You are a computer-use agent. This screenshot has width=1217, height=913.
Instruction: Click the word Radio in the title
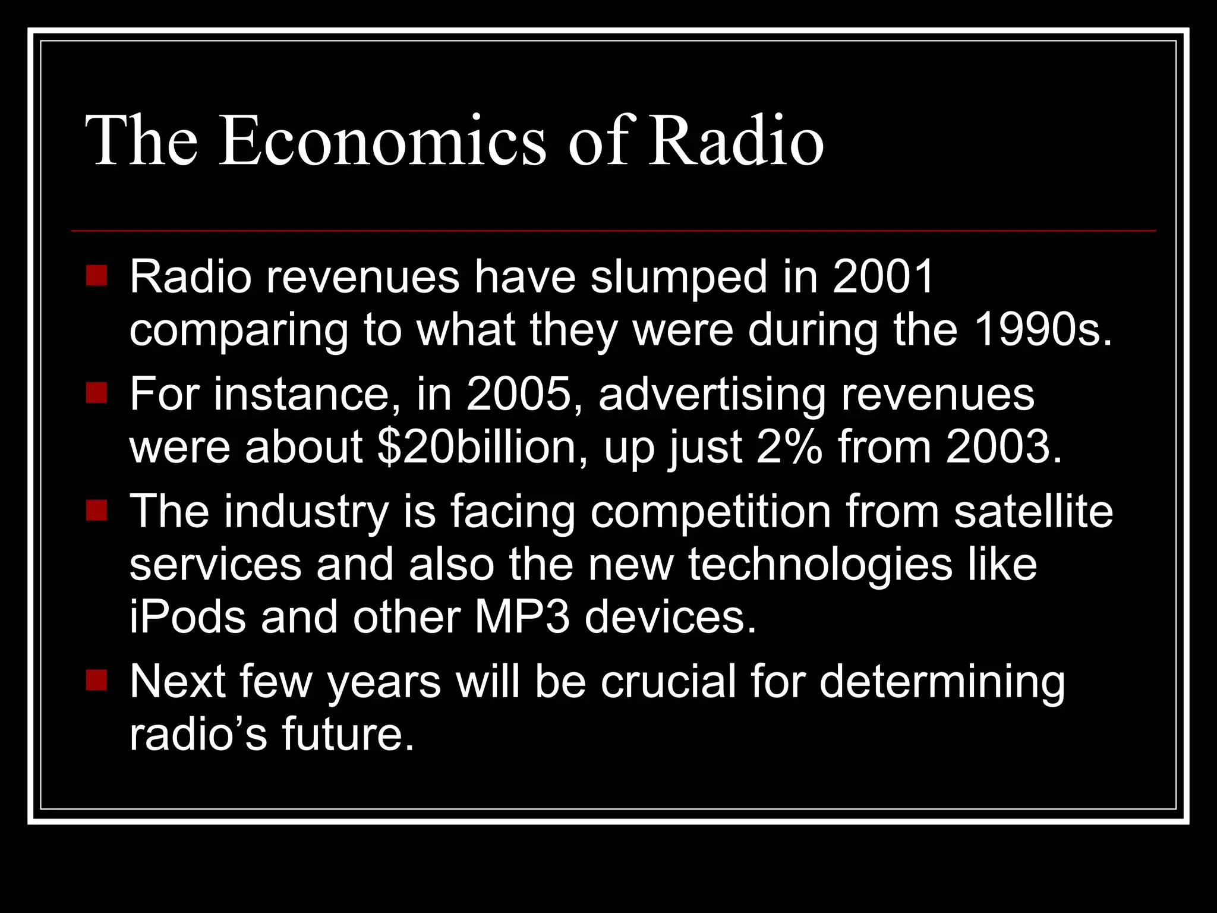click(736, 141)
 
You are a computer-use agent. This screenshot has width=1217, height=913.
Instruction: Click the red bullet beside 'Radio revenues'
click(96, 275)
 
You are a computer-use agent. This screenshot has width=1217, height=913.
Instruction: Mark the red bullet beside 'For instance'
click(96, 392)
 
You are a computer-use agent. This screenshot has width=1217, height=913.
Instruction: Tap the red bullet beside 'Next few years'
click(96, 680)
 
